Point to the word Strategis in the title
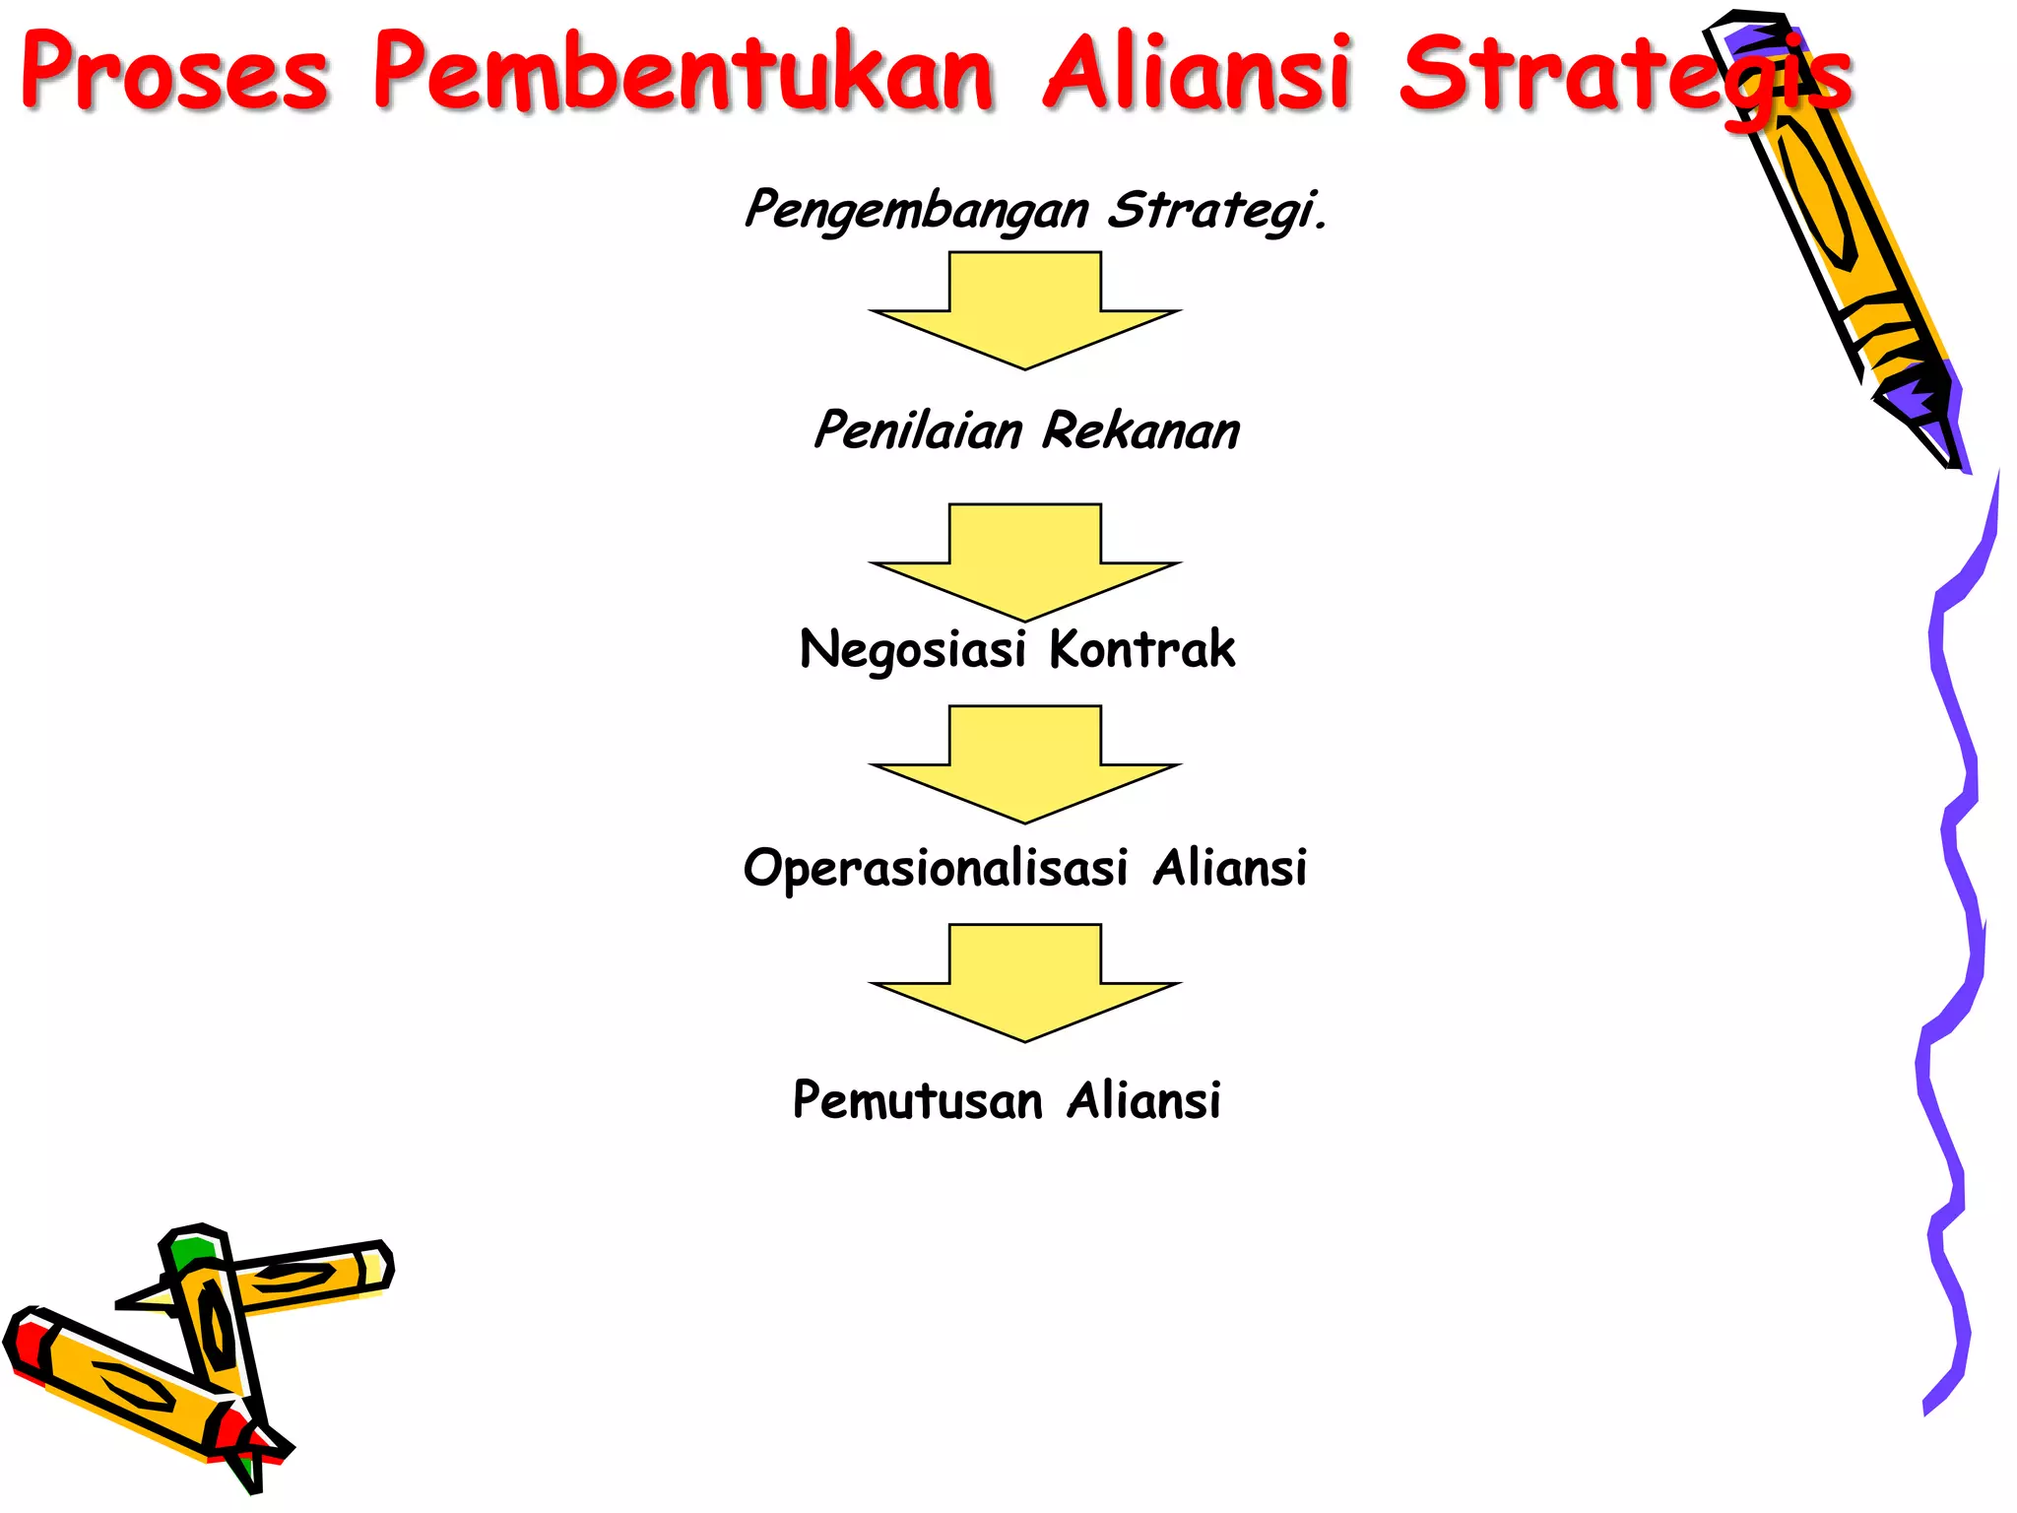pyautogui.click(x=1625, y=75)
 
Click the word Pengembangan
pyautogui.click(x=917, y=210)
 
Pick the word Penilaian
pyautogui.click(x=918, y=430)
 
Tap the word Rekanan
pyautogui.click(x=1140, y=430)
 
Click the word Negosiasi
pyautogui.click(x=912, y=650)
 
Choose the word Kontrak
pyautogui.click(x=1141, y=649)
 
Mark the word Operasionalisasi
pyautogui.click(x=935, y=869)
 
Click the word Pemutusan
pyautogui.click(x=917, y=1100)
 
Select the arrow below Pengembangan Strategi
pyautogui.click(x=1025, y=310)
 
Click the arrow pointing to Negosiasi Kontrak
pyautogui.click(x=1025, y=562)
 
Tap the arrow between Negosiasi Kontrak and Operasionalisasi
pyautogui.click(x=1025, y=764)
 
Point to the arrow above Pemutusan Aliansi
pyautogui.click(x=1025, y=983)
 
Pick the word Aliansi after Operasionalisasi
pyautogui.click(x=1229, y=869)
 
